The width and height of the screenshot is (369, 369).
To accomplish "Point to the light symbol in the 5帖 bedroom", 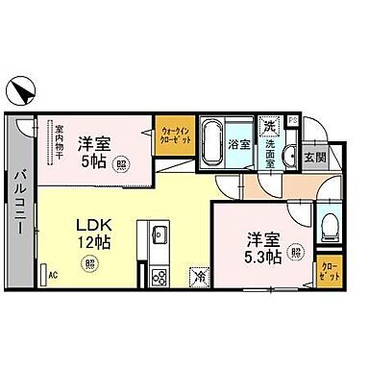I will tap(119, 165).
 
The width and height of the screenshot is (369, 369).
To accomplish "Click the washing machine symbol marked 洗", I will tap(270, 125).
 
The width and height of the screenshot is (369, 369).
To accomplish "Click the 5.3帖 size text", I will tap(260, 258).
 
